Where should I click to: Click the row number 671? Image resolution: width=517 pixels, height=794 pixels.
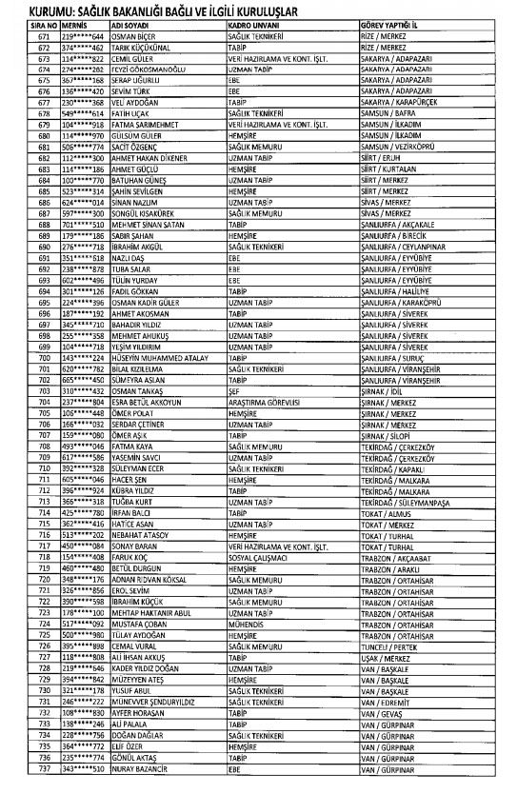tap(17, 32)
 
